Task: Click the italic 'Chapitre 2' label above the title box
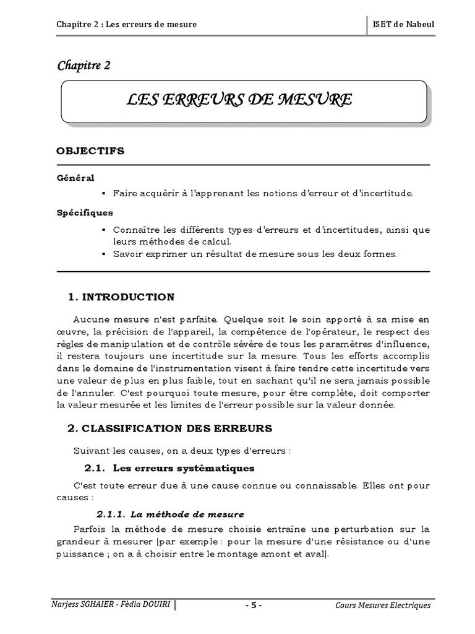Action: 83,66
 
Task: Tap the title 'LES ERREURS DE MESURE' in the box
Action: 239,100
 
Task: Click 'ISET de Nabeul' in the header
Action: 405,24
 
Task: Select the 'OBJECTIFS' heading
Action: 90,150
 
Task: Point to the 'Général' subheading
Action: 75,178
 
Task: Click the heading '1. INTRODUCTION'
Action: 121,297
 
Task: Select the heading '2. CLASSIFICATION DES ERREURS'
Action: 169,428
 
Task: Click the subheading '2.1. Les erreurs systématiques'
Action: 169,467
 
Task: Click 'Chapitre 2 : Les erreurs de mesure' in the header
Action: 127,24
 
